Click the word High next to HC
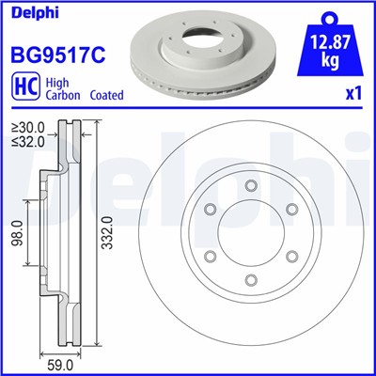pyautogui.click(x=55, y=82)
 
